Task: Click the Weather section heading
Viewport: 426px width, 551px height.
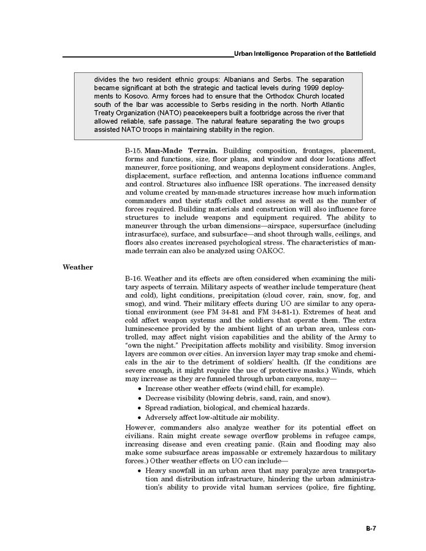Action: tap(78, 267)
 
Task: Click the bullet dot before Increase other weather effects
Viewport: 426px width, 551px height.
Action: tap(140, 389)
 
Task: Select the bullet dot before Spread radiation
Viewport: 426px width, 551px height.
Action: tap(140, 408)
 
